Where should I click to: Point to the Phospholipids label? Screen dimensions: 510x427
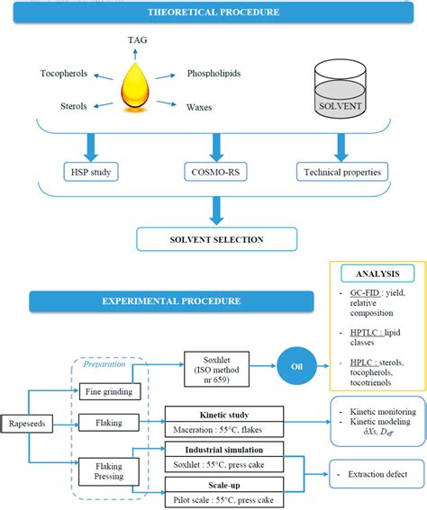tap(213, 73)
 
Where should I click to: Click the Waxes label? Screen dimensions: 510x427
tap(200, 107)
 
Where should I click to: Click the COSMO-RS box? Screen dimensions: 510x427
tap(213, 172)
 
